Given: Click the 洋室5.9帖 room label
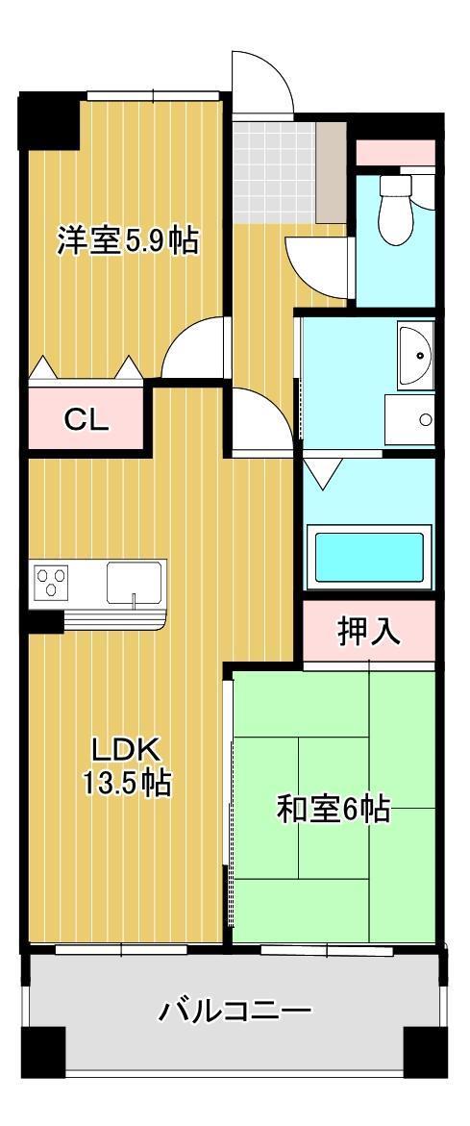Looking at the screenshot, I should [127, 240].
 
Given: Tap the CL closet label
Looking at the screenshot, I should [87, 419].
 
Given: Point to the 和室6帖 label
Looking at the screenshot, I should [333, 810].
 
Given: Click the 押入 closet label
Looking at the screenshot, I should [368, 632].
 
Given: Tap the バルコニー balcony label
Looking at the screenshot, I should [235, 1012].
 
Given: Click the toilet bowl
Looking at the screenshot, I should [395, 213].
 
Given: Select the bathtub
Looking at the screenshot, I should [369, 557].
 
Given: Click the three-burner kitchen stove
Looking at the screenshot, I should [52, 583].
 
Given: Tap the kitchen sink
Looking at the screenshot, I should [134, 583].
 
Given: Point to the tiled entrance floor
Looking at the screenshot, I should [274, 170].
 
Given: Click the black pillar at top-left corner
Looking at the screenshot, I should [48, 120].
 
